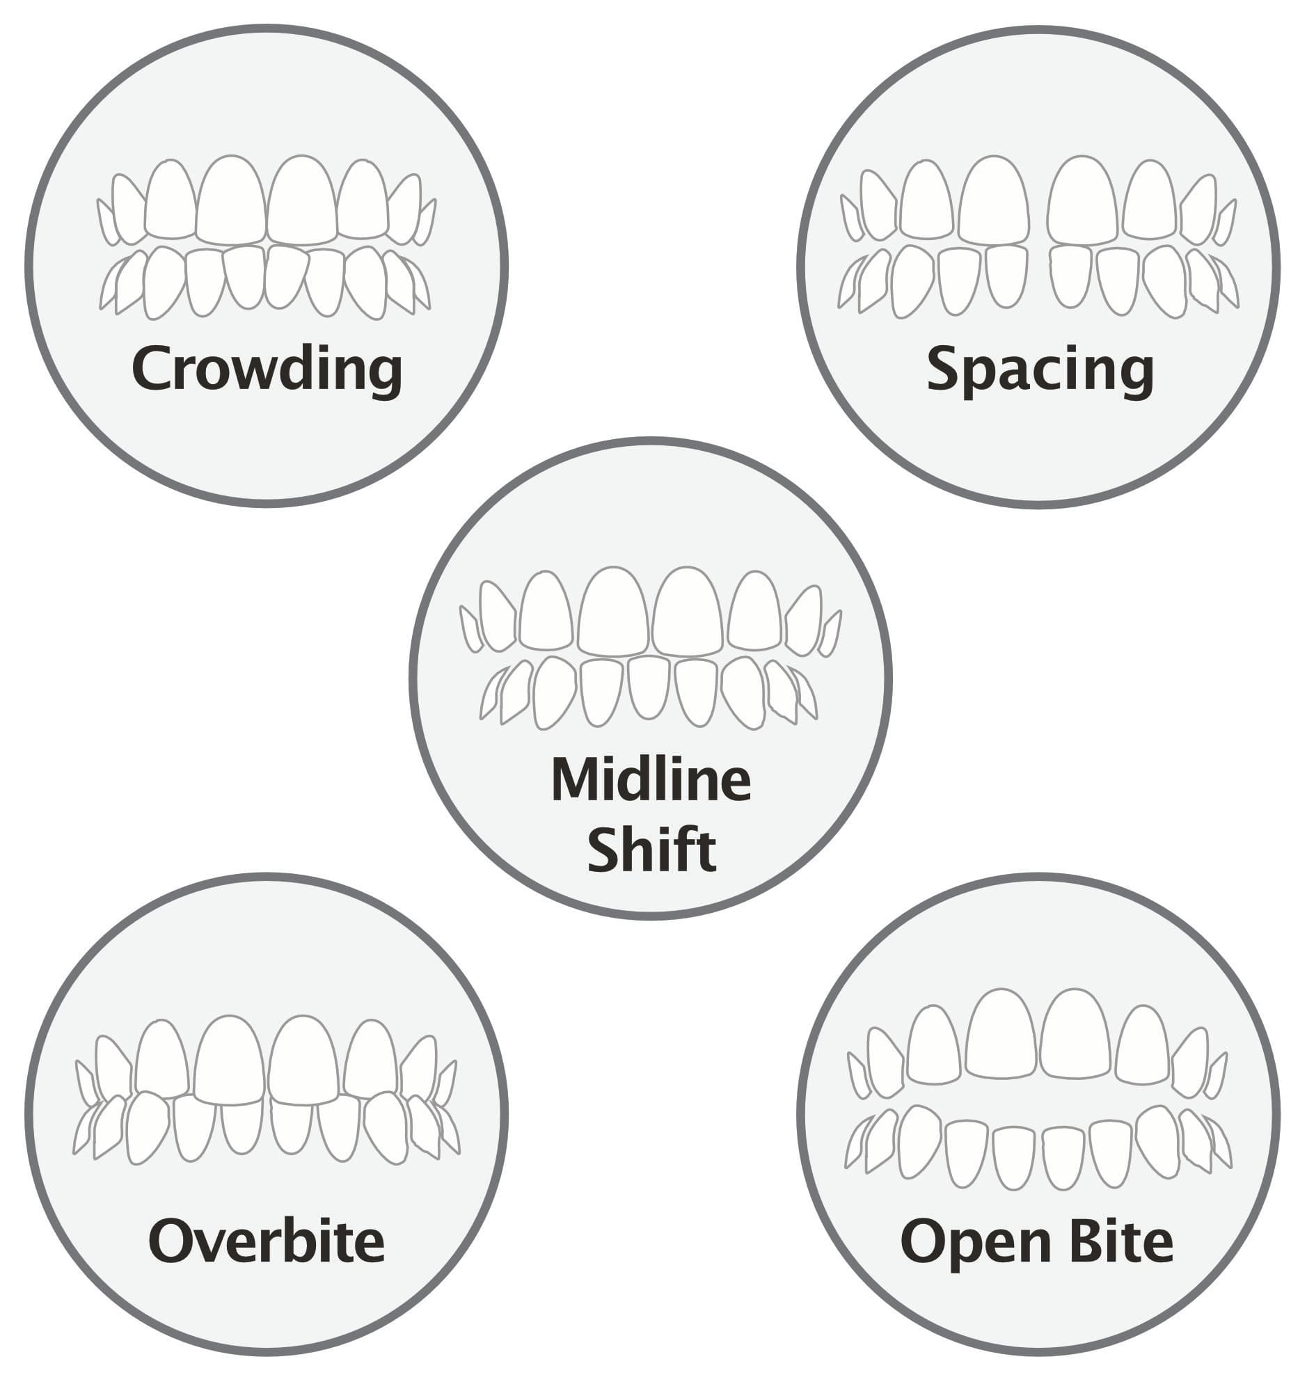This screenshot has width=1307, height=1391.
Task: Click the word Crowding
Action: click(x=267, y=369)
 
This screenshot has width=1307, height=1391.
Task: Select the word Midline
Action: click(x=651, y=779)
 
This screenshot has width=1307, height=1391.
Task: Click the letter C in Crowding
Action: click(x=152, y=369)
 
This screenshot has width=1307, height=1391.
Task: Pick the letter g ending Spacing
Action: click(x=1136, y=379)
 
